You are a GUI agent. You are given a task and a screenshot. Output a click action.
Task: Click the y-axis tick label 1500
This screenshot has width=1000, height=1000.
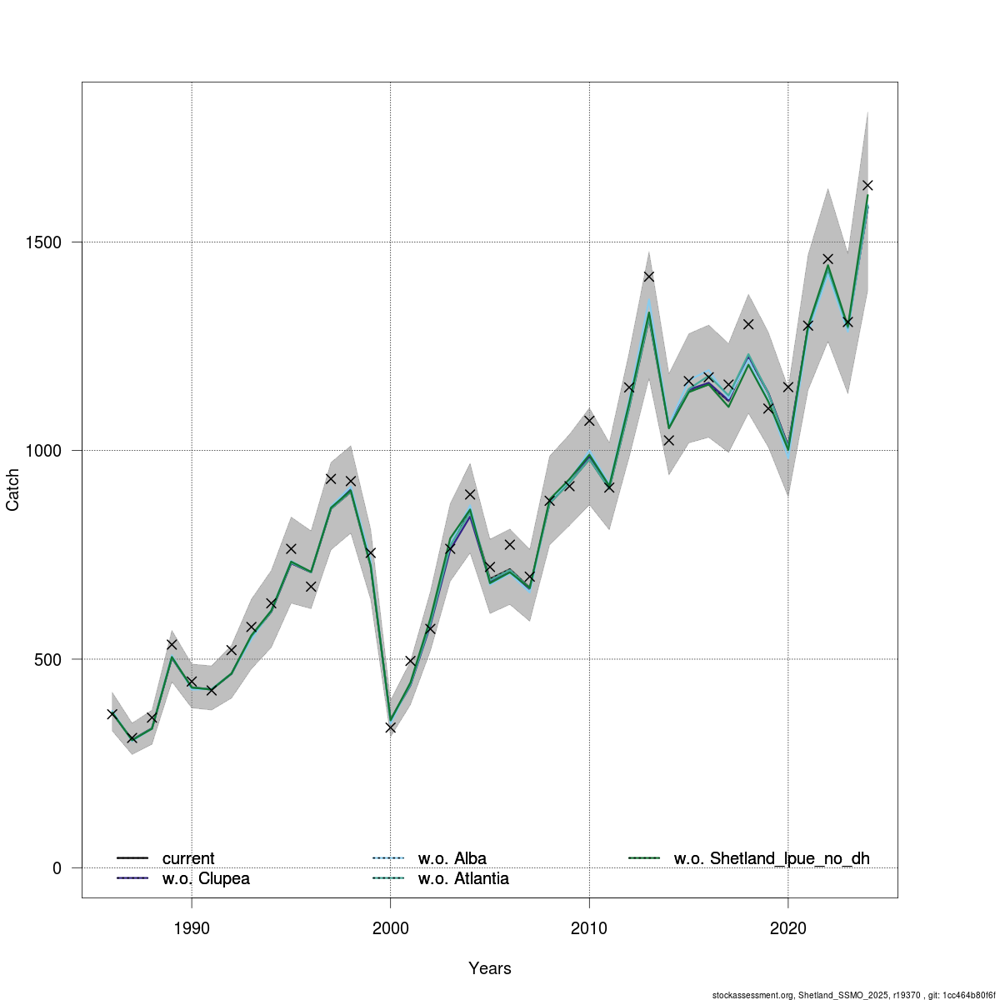pyautogui.click(x=46, y=242)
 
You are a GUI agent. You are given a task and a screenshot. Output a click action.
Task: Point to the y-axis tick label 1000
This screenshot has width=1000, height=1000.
pyautogui.click(x=46, y=451)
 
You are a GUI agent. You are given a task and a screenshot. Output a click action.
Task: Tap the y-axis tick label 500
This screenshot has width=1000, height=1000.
pyautogui.click(x=51, y=659)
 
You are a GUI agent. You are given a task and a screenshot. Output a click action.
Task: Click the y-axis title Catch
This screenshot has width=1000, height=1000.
pyautogui.click(x=13, y=490)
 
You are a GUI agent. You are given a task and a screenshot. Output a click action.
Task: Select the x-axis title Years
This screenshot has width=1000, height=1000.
pyautogui.click(x=490, y=968)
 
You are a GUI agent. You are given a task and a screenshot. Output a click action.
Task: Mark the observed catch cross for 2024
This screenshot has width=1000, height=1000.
pyautogui.click(x=867, y=185)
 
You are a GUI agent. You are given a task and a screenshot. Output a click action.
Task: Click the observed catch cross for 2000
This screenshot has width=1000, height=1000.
pyautogui.click(x=391, y=727)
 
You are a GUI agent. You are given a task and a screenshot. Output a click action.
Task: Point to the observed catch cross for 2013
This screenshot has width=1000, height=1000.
pyautogui.click(x=649, y=277)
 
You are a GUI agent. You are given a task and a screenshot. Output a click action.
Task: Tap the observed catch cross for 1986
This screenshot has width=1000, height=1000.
pyautogui.click(x=112, y=714)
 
